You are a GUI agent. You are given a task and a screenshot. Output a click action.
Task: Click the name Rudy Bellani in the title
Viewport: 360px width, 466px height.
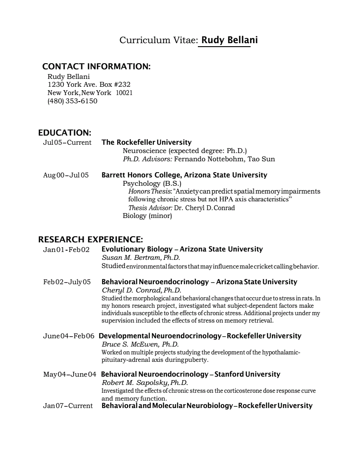click(x=229, y=40)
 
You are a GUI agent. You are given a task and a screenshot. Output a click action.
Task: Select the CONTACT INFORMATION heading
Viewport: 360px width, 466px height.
click(x=96, y=67)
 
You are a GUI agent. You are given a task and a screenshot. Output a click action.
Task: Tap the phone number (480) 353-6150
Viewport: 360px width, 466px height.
click(x=72, y=101)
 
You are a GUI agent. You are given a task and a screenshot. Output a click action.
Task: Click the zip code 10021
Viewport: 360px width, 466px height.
click(x=124, y=93)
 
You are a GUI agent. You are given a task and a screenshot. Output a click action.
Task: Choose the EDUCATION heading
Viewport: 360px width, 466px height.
click(x=65, y=133)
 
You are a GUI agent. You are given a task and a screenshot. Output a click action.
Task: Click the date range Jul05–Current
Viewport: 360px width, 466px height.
click(x=67, y=143)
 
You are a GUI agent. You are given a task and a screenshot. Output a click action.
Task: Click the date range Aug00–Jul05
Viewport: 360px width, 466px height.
click(x=66, y=175)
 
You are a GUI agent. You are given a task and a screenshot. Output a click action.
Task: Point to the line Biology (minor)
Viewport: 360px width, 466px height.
click(x=147, y=216)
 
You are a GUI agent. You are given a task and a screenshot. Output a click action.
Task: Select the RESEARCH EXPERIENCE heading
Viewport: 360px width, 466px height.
click(x=91, y=239)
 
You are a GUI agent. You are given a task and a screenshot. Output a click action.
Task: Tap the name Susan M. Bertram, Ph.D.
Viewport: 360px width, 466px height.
click(x=141, y=258)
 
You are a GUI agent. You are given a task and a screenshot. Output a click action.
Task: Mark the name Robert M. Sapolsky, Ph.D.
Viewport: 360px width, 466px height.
click(x=145, y=383)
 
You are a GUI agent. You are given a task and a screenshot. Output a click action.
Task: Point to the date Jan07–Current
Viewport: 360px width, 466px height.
click(x=68, y=406)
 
